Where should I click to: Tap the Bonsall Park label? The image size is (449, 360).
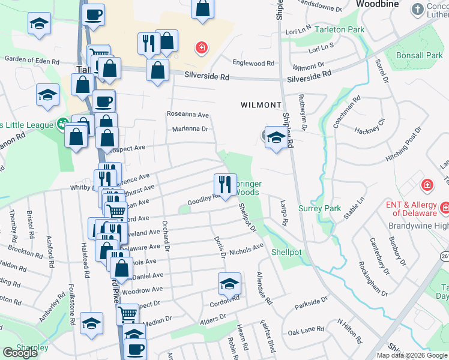tap(420, 56)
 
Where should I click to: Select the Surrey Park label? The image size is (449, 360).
tap(320, 209)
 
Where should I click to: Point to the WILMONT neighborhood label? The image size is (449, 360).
tap(261, 105)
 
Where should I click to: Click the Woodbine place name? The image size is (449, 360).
tap(378, 4)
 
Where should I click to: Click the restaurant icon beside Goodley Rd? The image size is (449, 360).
tap(225, 184)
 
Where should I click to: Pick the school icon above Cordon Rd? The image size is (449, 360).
tap(229, 283)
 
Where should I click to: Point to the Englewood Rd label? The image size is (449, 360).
tap(253, 63)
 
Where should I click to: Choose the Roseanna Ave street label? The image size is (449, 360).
tap(187, 114)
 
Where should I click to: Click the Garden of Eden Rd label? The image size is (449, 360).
tap(32, 60)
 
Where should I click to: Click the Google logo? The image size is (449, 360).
tap(20, 353)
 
